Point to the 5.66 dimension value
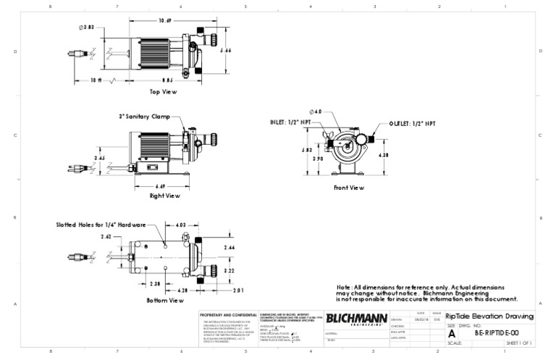[x=225, y=51]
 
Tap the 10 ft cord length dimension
[x=96, y=80]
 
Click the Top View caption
[x=163, y=92]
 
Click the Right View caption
[x=164, y=196]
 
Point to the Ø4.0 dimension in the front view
[x=316, y=112]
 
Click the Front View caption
[x=348, y=188]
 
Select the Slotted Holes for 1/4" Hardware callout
[x=101, y=225]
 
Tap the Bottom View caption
[x=166, y=300]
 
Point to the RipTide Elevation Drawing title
[x=489, y=317]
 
